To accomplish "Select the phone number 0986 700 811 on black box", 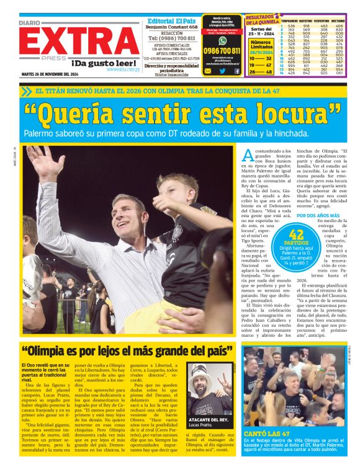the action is pos(222,50).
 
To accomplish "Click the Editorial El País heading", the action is pos(173,20).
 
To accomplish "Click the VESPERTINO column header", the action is pos(323,20).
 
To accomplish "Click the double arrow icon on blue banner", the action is pos(26,91).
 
